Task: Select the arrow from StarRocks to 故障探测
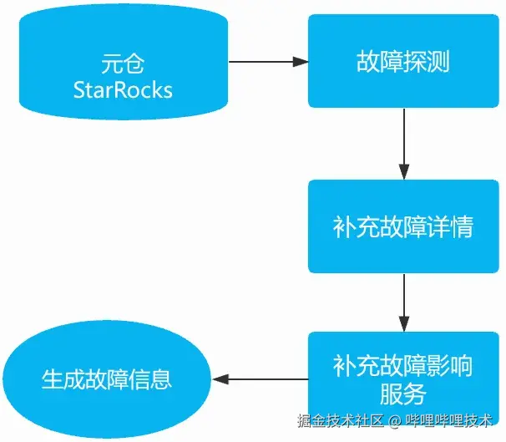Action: pyautogui.click(x=267, y=61)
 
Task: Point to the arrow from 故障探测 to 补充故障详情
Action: pyautogui.click(x=404, y=143)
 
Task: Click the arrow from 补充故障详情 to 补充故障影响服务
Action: pyautogui.click(x=404, y=302)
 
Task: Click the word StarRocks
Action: pyautogui.click(x=122, y=89)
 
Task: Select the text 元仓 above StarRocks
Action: pyautogui.click(x=122, y=63)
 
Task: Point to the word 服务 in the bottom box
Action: pyautogui.click(x=403, y=394)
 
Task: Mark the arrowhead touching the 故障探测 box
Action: pyautogui.click(x=301, y=61)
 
